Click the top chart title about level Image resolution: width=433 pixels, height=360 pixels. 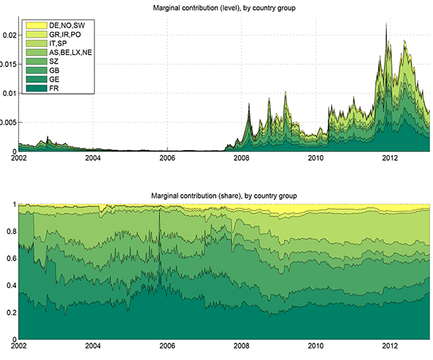(x=224, y=8)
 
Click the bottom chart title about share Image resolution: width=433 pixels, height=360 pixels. (x=224, y=196)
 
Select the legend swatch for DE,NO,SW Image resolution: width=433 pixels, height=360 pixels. (x=33, y=26)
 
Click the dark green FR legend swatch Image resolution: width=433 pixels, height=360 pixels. (x=33, y=89)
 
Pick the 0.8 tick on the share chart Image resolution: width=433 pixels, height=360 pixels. (x=10, y=232)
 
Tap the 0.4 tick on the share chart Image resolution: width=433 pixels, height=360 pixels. (x=10, y=286)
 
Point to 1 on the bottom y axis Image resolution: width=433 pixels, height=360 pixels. (x=13, y=205)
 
